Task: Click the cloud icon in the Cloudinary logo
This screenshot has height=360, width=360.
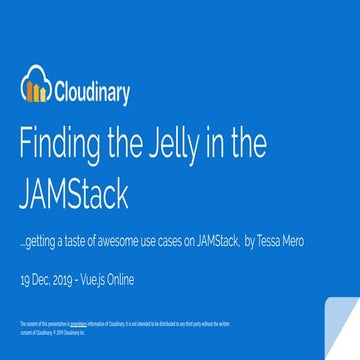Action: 35,89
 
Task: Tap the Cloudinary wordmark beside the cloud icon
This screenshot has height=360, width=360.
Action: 92,92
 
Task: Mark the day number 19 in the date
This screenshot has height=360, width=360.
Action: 26,280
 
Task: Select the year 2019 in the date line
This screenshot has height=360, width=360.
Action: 70,280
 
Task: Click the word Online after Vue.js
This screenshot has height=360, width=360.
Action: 136,280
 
